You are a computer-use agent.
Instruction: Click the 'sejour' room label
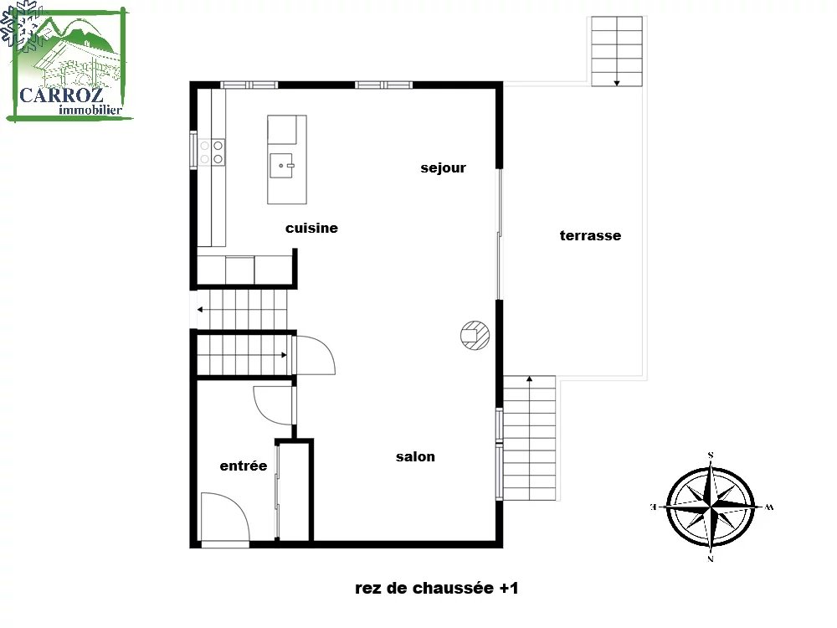pos(443,168)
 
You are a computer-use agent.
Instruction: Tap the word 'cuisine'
pos(311,228)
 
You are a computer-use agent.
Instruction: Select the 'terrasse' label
pos(590,235)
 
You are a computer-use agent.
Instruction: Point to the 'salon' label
pos(415,456)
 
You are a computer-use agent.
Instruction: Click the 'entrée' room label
pos(244,466)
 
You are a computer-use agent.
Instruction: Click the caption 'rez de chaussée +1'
pos(437,588)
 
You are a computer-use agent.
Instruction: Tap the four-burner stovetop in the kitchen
pos(212,152)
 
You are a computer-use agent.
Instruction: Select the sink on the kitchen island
pos(281,166)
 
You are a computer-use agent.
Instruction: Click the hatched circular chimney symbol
pos(475,336)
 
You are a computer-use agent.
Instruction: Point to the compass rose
pos(711,507)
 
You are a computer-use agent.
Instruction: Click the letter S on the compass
pos(711,456)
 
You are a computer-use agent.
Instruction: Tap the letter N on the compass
pos(711,559)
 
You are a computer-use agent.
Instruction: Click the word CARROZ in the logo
pos(61,95)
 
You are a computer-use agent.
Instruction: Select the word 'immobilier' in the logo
pos(90,110)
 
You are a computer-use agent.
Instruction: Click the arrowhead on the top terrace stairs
pos(617,83)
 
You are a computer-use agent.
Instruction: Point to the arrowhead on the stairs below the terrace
pos(530,379)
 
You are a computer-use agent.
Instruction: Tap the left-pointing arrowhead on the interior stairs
pos(200,309)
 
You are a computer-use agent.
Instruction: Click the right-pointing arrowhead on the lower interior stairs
pos(285,354)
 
